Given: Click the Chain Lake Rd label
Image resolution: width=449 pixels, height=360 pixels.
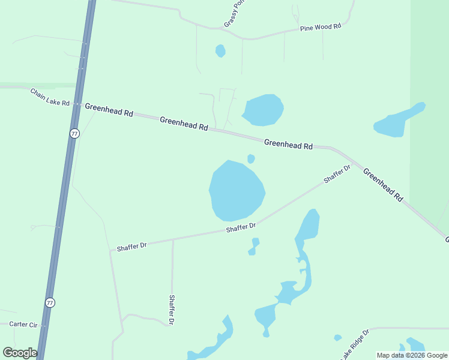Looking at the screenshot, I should coord(50,97).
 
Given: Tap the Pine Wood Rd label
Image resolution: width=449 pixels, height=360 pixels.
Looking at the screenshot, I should coord(321,27).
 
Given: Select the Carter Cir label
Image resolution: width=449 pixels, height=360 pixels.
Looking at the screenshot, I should coord(23,325).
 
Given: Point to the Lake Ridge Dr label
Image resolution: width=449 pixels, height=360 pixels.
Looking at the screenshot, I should coord(354,344).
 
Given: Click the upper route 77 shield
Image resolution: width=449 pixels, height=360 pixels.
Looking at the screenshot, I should coord(74,134).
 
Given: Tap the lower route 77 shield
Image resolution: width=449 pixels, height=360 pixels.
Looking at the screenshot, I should coord(50,303).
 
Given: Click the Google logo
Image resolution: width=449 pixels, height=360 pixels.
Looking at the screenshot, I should coord(20,353).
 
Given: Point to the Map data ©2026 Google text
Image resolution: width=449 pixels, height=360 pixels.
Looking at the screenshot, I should coord(412,355).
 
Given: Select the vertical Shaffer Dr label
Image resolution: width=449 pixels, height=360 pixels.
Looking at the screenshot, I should coord(172,310).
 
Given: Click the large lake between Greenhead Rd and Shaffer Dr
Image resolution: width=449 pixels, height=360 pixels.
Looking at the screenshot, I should coord(236,191).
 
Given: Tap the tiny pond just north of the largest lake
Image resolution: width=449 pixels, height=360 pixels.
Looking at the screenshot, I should coord(251,159).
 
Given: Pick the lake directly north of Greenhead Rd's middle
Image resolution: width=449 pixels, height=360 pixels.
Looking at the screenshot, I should coord(262,110).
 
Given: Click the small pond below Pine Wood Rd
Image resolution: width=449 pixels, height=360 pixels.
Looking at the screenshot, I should coord(220,51).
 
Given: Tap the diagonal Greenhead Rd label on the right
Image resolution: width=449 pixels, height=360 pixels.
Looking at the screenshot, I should coord(383,184).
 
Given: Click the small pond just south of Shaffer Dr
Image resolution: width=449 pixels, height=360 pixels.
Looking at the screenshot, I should coord(255,246).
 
